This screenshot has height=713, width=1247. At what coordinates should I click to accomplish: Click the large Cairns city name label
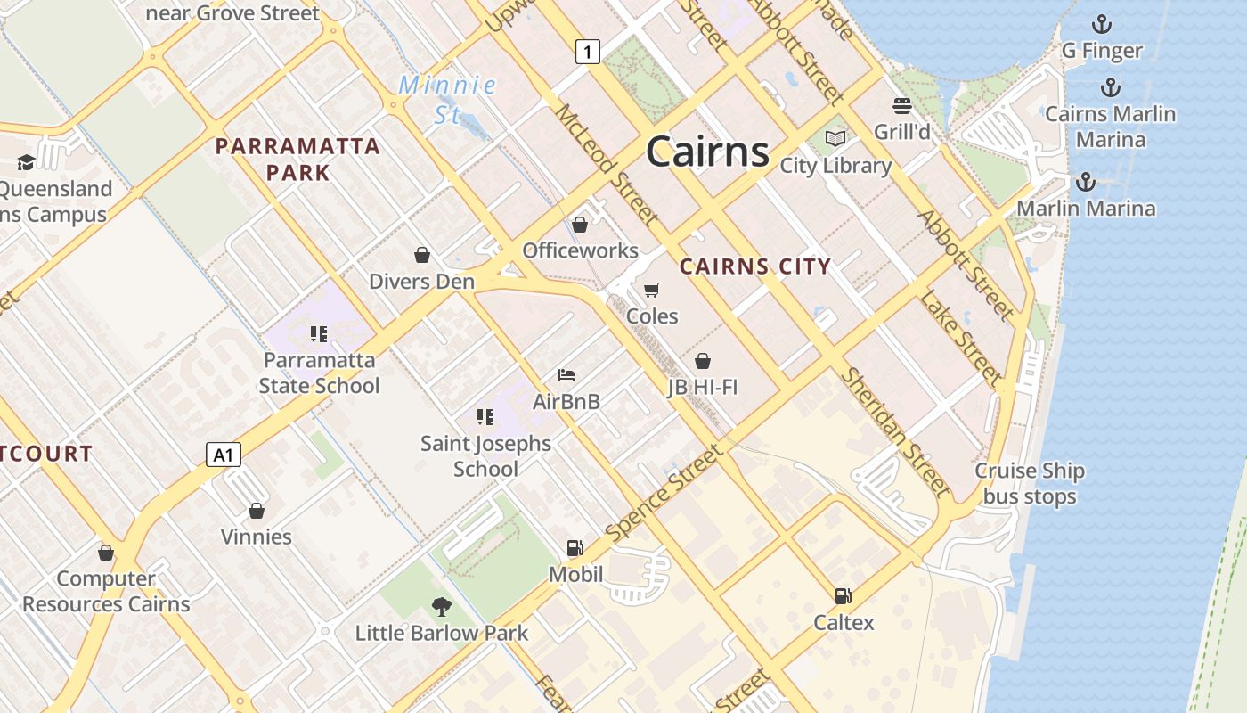click(707, 151)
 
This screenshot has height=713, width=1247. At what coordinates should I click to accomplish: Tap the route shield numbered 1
click(587, 52)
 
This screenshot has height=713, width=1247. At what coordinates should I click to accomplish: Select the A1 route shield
click(224, 455)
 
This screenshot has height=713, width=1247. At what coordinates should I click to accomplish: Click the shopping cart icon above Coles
click(652, 290)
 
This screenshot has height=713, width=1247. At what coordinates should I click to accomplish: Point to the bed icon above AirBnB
click(566, 375)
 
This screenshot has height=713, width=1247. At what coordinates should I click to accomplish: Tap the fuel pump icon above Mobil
click(575, 548)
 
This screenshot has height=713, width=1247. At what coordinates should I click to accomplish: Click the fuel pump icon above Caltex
click(843, 596)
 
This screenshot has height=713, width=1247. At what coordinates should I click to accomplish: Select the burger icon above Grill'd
click(901, 106)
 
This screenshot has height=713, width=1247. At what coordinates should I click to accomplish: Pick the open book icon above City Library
click(835, 139)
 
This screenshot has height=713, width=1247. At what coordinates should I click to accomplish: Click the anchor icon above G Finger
click(1102, 24)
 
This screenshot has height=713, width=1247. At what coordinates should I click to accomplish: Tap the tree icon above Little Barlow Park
click(441, 607)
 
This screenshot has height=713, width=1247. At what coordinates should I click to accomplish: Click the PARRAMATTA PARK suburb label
click(298, 159)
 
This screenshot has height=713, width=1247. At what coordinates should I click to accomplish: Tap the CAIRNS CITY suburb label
click(755, 266)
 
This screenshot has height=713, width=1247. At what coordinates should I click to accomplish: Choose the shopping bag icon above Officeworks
click(580, 224)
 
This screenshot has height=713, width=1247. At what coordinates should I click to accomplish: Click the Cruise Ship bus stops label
click(1030, 484)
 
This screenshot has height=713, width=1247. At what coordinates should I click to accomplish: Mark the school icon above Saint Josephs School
click(485, 416)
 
